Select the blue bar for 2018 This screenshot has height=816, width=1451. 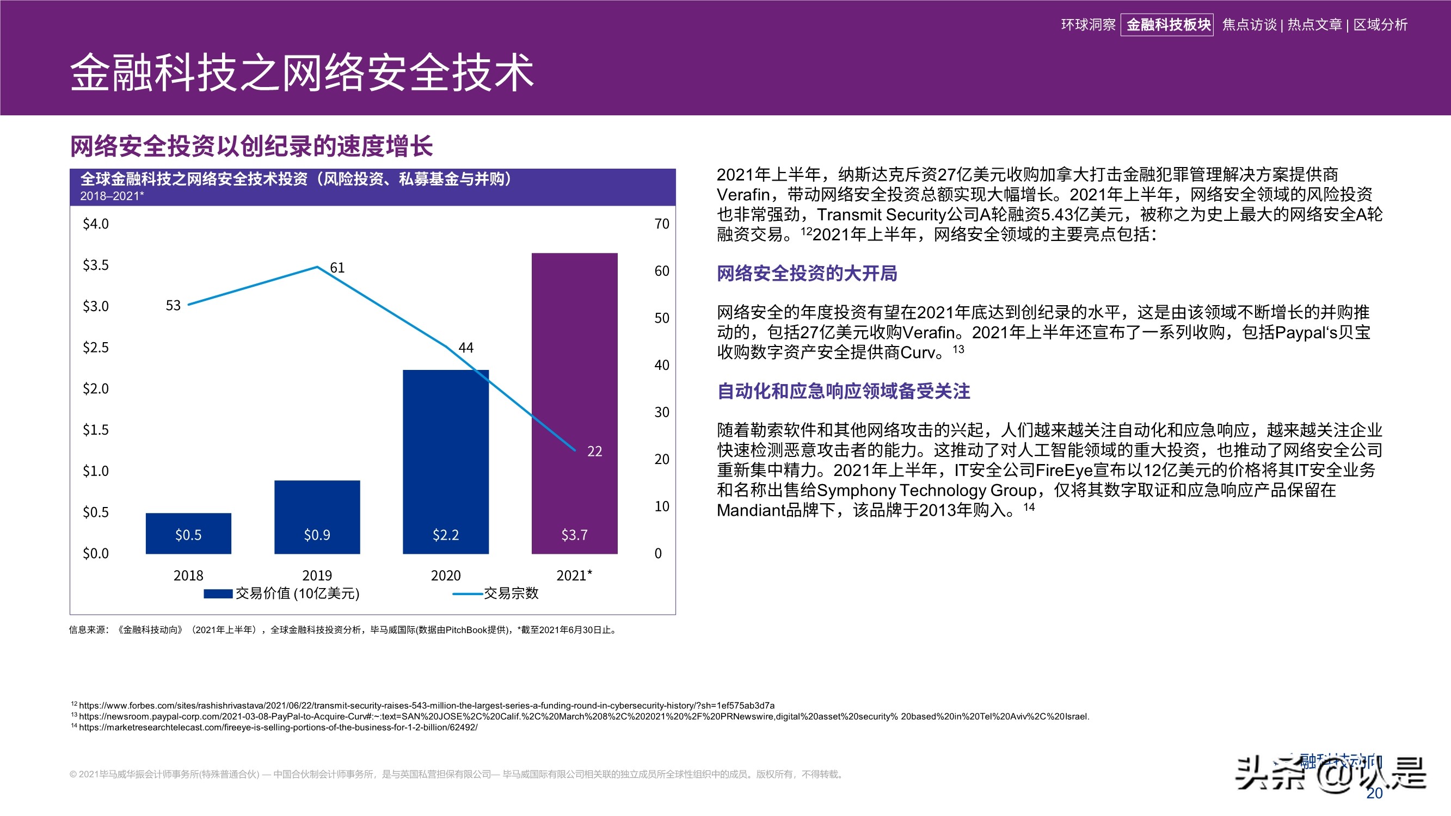[x=188, y=533]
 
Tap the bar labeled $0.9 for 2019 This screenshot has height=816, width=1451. [x=317, y=516]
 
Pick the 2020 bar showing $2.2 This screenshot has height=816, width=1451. [x=446, y=461]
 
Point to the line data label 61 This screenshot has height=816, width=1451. [x=337, y=268]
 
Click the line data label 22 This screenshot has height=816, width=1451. [x=594, y=451]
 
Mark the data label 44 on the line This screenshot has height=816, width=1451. [x=466, y=348]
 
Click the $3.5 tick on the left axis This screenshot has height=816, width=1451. [x=96, y=265]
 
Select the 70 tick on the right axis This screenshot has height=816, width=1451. [x=662, y=224]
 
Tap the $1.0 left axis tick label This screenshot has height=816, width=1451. [x=96, y=471]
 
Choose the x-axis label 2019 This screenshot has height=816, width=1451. [x=317, y=575]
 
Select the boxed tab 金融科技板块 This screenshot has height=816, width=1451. [x=1167, y=25]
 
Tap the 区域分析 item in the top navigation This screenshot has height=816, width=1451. [x=1380, y=25]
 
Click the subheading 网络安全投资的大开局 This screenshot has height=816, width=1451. [x=807, y=274]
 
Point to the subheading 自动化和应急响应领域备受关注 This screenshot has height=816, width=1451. [x=843, y=391]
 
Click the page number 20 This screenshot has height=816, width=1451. [x=1374, y=793]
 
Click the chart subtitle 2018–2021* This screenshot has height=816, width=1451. [x=112, y=196]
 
